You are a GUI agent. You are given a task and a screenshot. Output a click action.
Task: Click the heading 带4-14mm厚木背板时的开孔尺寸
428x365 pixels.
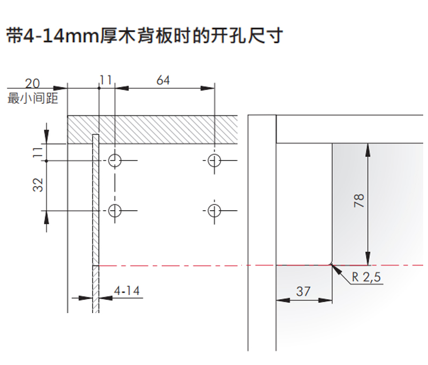click(x=143, y=36)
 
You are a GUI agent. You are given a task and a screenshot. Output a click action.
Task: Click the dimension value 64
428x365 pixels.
click(x=163, y=80)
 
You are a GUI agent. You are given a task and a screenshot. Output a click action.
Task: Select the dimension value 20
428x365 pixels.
click(x=33, y=83)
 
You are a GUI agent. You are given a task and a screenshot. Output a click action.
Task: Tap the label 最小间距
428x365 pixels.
click(x=33, y=98)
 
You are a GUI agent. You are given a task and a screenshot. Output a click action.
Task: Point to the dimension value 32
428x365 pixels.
click(x=37, y=185)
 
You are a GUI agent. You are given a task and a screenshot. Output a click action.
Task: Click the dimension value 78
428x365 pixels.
click(x=359, y=201)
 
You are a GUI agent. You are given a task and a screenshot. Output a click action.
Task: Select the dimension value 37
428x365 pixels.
click(x=303, y=291)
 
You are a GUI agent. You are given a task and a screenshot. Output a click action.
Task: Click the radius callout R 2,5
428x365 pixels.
click(x=366, y=278)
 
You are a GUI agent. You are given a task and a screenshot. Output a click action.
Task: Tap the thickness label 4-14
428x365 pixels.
click(x=126, y=291)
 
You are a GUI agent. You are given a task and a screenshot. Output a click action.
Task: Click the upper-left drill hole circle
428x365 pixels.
click(x=115, y=160)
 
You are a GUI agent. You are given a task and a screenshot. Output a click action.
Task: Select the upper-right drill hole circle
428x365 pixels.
click(x=215, y=160)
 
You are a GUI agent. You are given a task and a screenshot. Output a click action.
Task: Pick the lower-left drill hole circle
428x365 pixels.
click(x=115, y=210)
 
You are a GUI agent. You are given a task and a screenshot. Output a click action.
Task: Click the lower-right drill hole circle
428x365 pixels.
click(x=215, y=210)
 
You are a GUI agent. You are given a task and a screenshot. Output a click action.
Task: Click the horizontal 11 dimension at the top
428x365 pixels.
click(x=105, y=80)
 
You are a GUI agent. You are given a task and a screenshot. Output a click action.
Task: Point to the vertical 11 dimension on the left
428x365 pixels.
click(x=37, y=152)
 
